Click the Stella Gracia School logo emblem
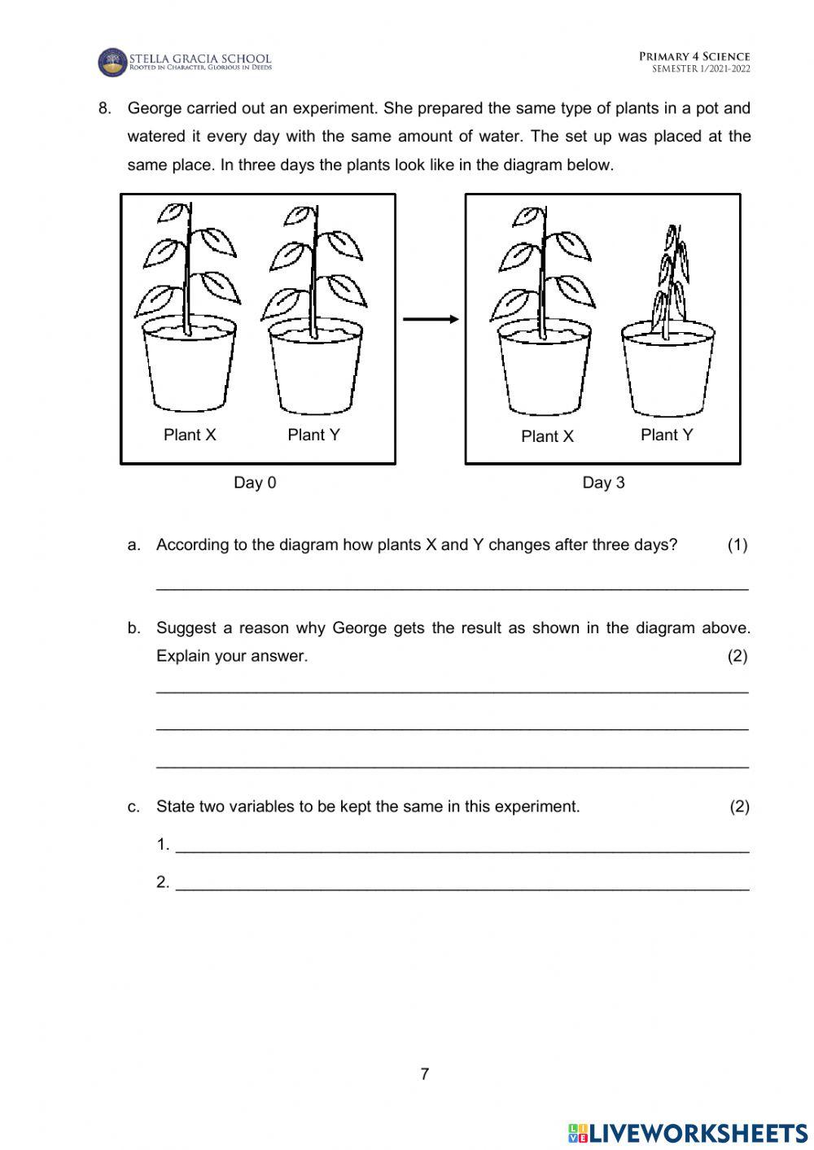click(x=112, y=62)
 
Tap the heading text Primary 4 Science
click(x=694, y=56)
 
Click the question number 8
click(x=104, y=108)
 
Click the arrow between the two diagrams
click(x=431, y=319)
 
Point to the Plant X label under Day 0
click(x=190, y=435)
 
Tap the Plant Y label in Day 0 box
click(x=313, y=435)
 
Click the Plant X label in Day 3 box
click(x=547, y=436)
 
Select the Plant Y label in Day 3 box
click(x=667, y=435)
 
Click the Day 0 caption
click(x=255, y=483)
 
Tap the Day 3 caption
click(x=603, y=483)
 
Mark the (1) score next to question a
click(x=737, y=544)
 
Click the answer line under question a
click(x=452, y=586)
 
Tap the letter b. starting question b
click(x=134, y=627)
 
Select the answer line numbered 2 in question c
click(x=462, y=888)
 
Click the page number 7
click(x=424, y=1073)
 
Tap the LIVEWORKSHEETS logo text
click(x=697, y=1132)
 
